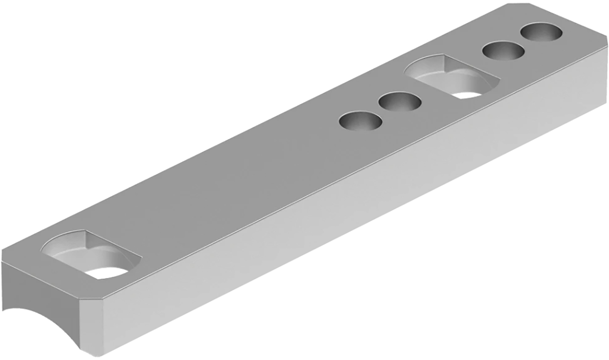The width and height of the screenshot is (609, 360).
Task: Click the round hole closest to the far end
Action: tap(542, 32)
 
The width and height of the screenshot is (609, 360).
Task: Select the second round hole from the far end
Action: tap(503, 51)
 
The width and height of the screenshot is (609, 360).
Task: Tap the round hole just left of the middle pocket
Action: tap(400, 102)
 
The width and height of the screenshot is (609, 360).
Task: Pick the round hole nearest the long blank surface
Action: tap(360, 121)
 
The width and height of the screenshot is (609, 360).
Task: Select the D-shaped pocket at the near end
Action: tap(91, 254)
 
